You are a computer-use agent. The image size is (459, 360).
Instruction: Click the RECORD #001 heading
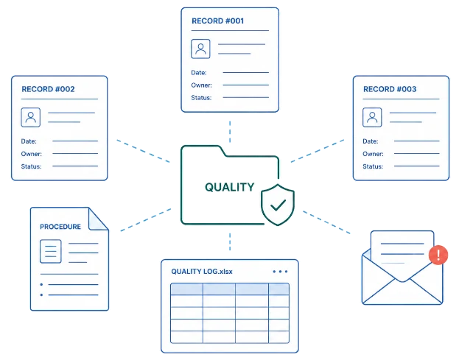(217, 21)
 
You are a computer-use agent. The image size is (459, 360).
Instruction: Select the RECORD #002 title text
(48, 89)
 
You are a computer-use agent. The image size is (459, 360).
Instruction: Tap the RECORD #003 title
(390, 89)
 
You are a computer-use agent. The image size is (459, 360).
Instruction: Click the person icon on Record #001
(200, 49)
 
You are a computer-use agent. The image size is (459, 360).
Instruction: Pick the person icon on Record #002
(31, 117)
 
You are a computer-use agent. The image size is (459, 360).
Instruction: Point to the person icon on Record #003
(372, 117)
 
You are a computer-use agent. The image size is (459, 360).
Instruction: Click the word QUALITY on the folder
(230, 187)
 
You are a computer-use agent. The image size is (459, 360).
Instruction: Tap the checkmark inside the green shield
(278, 205)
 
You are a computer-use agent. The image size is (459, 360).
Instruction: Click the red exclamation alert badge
(438, 255)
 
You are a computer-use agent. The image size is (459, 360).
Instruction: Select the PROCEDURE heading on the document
(60, 227)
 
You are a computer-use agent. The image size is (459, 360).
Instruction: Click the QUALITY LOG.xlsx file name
(202, 272)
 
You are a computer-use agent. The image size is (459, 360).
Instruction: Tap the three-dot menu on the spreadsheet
(280, 272)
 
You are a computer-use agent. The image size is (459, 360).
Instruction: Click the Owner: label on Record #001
(201, 85)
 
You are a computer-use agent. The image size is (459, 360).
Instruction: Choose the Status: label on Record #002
(32, 166)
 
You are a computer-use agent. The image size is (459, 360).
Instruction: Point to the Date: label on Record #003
(371, 141)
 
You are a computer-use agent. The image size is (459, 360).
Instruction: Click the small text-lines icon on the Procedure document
(51, 251)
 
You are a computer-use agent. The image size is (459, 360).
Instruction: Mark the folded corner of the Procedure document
(99, 219)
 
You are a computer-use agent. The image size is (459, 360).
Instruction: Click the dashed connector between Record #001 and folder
(230, 132)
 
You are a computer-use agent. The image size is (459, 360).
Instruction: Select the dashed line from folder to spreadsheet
(230, 241)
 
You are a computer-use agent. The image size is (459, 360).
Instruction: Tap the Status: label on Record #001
(201, 98)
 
